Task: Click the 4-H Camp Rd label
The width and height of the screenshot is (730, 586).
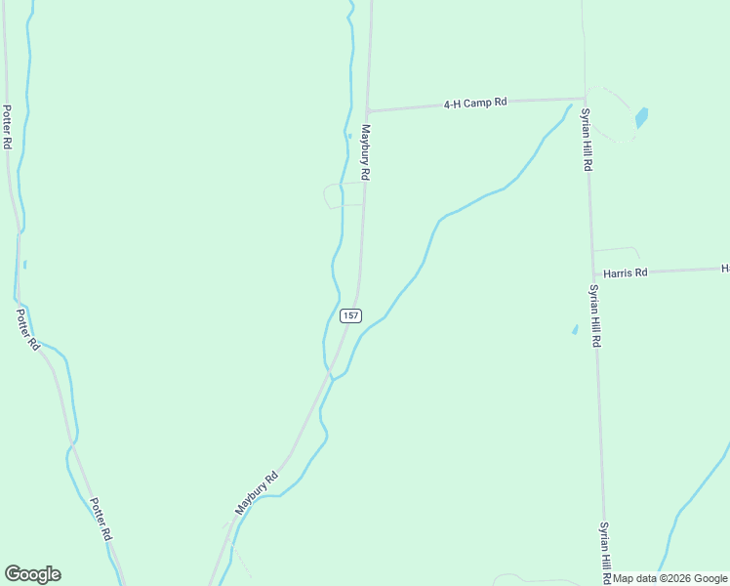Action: pos(475,103)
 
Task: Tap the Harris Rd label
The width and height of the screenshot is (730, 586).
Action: pos(625,273)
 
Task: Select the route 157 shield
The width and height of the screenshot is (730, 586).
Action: pos(351,315)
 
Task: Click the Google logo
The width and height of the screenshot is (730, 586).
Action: pos(32,574)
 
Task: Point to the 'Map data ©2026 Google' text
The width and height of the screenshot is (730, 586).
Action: pos(669,578)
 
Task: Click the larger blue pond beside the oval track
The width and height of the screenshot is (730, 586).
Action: pos(641,118)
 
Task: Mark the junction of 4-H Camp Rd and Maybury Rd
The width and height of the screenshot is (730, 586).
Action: pos(368,110)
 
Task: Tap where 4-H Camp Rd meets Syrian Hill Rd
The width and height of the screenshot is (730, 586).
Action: pos(585,99)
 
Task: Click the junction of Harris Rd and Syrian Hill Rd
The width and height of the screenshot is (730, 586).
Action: pos(593,274)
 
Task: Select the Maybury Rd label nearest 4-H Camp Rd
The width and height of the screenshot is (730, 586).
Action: pos(366,151)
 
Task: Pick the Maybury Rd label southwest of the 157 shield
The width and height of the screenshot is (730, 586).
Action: pos(257,493)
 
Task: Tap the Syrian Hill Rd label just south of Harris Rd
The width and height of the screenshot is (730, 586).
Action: pos(594,316)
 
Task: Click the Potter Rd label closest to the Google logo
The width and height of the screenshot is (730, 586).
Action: pos(101,521)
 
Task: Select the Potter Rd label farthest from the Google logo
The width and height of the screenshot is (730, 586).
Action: pos(7,126)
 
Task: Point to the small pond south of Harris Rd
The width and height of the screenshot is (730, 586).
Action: pos(575,330)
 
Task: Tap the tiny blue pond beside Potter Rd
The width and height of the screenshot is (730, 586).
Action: pos(24,264)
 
